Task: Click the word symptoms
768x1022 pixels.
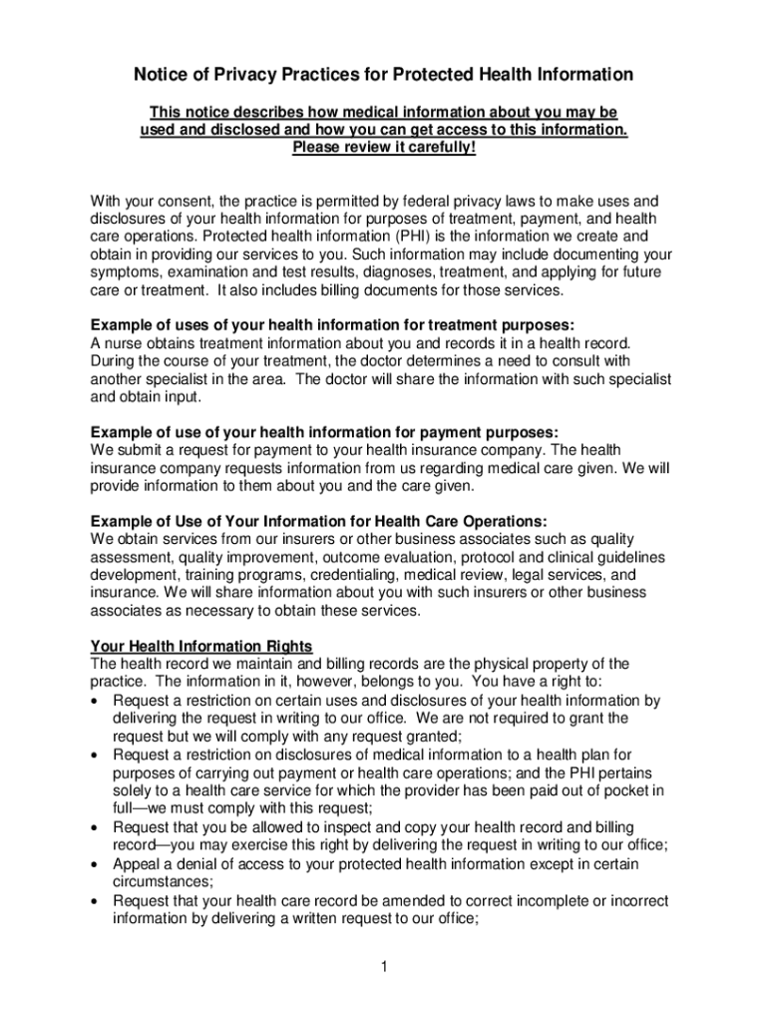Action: [x=127, y=272]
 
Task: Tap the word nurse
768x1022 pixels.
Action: [x=125, y=343]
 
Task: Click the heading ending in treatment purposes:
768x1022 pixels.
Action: [x=332, y=325]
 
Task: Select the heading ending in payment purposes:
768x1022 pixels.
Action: [x=324, y=432]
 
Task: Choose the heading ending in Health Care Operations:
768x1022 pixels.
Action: [x=318, y=522]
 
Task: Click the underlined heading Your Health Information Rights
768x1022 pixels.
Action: [x=201, y=647]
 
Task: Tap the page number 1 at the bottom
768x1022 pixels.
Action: [x=384, y=966]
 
